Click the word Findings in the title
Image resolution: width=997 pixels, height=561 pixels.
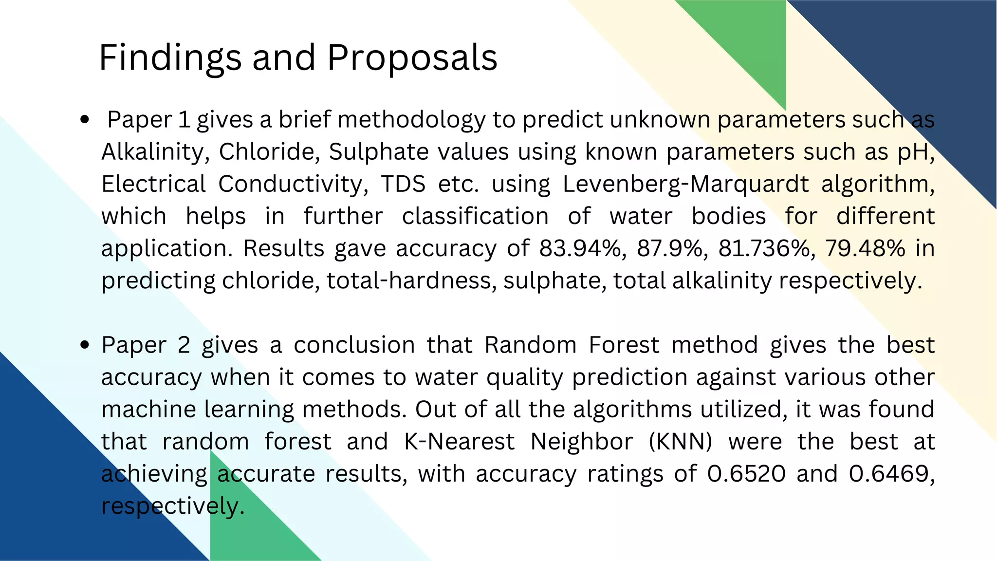(170, 58)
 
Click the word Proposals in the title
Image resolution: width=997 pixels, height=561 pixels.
(412, 58)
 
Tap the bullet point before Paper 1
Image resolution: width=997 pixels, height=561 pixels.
(85, 120)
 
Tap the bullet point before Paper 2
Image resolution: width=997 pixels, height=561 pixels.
(85, 345)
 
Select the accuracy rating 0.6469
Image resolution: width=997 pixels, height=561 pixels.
(892, 474)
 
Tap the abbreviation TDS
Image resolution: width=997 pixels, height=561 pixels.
(403, 184)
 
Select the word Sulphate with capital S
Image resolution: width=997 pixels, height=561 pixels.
(378, 152)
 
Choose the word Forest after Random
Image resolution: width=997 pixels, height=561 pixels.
(624, 345)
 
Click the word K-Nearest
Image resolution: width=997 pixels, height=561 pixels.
(459, 442)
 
